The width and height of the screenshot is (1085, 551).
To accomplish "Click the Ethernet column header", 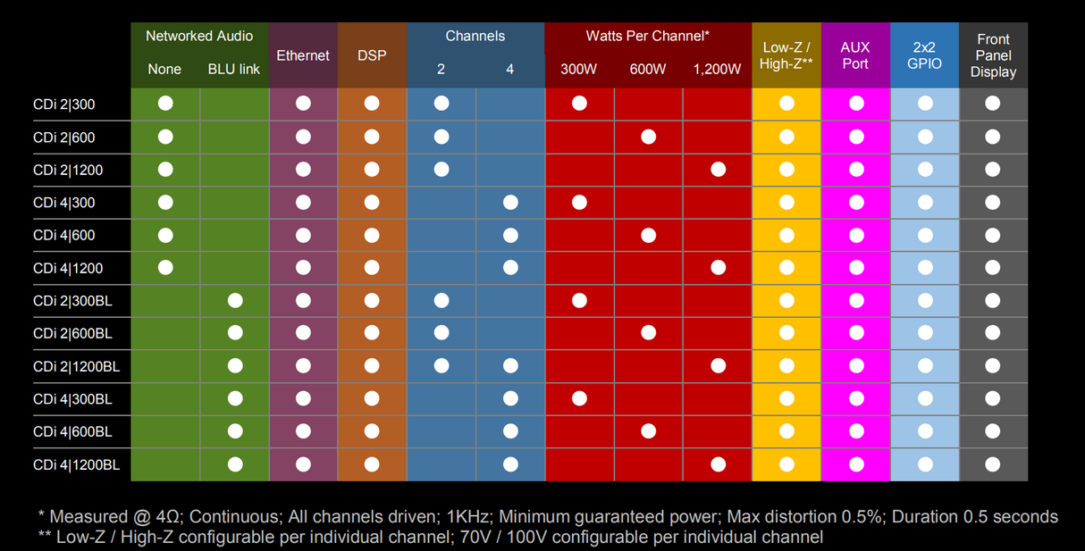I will [303, 55].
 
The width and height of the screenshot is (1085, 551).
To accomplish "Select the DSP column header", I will [372, 55].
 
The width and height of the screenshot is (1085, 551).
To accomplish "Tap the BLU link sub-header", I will [234, 70].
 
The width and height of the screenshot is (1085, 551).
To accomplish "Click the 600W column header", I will [648, 70].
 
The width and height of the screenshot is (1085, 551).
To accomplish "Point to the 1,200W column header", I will [717, 70].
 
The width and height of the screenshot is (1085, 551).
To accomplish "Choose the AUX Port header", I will [855, 55].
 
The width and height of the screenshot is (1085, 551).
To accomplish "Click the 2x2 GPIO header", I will [925, 55].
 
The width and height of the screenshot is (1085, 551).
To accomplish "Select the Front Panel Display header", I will [993, 55].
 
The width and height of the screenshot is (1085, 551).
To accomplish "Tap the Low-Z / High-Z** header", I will [786, 55].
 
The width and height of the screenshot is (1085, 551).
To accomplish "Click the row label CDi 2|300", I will [64, 104].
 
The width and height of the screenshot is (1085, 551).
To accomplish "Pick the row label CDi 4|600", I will [64, 236].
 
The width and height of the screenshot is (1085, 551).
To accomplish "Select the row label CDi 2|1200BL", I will [76, 366].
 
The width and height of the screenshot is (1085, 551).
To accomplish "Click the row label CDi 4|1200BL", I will [76, 465].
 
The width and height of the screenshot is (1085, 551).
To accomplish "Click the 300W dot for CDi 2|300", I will [579, 104].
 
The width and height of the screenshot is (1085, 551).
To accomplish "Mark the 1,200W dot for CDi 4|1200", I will [718, 268].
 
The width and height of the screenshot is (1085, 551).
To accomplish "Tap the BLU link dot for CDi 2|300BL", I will [235, 301].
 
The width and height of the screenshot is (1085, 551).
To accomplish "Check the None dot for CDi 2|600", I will [165, 137].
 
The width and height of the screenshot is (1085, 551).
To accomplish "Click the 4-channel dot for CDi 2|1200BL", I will [510, 366].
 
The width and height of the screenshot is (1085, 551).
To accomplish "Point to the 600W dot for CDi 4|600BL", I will [649, 431].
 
